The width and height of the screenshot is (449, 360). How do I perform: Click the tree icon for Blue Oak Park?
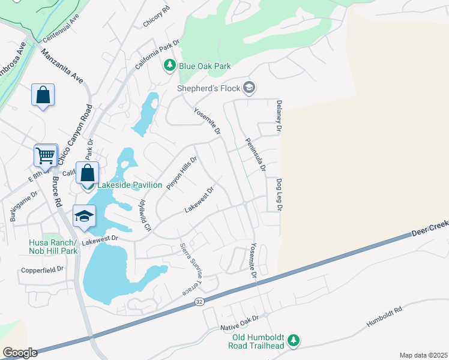pos(170,65)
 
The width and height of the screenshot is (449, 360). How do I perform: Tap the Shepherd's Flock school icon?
pos(250,89)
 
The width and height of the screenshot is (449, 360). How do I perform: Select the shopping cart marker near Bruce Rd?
pos(46,156)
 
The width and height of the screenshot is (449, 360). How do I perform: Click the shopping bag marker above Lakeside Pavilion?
pos(88,173)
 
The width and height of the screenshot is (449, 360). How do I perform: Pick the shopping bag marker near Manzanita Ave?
pos(43,95)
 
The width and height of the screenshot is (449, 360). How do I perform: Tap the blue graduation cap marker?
pos(85,216)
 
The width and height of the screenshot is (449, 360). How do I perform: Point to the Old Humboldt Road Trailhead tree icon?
pos(293,341)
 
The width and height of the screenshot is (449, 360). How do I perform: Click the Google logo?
pos(19,352)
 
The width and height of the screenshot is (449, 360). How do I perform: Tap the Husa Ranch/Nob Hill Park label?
pos(53,247)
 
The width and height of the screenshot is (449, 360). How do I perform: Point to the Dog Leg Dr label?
pos(279,195)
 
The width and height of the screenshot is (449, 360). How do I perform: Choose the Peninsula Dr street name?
pos(255,155)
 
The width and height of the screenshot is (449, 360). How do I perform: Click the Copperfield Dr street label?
pos(42,270)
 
